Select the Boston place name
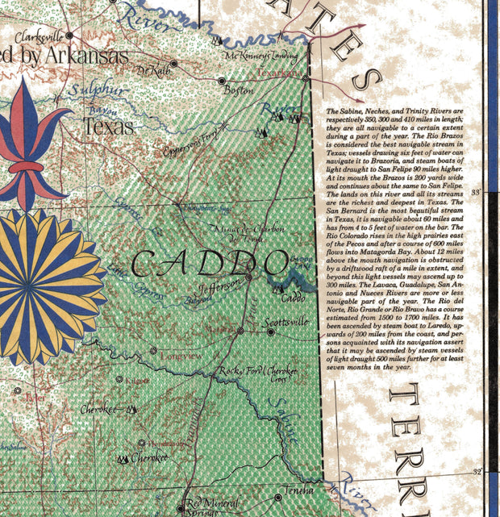pyautogui.click(x=238, y=91)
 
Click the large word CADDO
pyautogui.click(x=210, y=262)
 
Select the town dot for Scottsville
pyautogui.click(x=240, y=331)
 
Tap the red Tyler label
pyautogui.click(x=35, y=398)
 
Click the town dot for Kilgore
pyautogui.click(x=120, y=378)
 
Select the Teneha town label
pyautogui.click(x=300, y=490)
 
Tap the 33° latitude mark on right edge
pyautogui.click(x=476, y=192)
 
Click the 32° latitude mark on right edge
pyautogui.click(x=477, y=472)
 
